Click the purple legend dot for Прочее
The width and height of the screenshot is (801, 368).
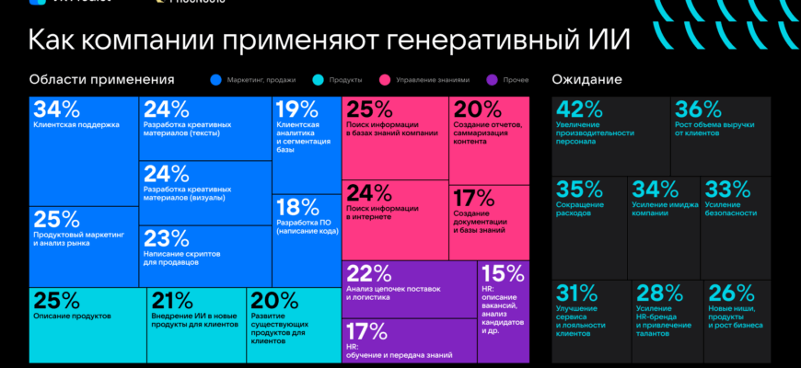tap(494, 80)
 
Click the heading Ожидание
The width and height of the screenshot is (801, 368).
tap(586, 79)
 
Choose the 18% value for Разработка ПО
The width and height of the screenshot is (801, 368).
tap(296, 207)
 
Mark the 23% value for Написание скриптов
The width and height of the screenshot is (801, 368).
tap(167, 238)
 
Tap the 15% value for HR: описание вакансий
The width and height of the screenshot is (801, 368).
tap(503, 273)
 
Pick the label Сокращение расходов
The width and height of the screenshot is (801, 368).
tap(580, 208)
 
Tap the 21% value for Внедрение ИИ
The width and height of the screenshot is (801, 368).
tap(172, 300)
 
